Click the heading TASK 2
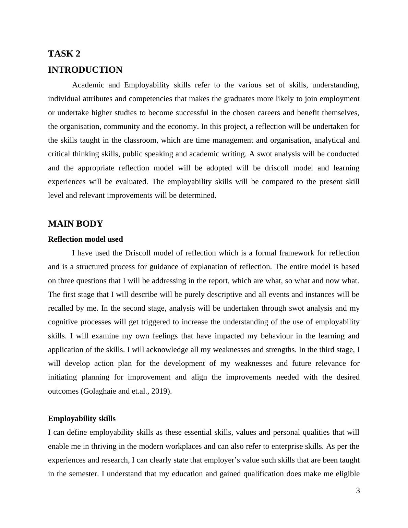(x=64, y=54)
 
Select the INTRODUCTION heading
(x=85, y=70)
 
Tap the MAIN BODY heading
(x=75, y=224)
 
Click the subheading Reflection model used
(x=85, y=239)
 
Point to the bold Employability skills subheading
(x=82, y=419)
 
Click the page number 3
(x=358, y=491)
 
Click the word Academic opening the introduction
(x=86, y=85)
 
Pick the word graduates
(x=239, y=99)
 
